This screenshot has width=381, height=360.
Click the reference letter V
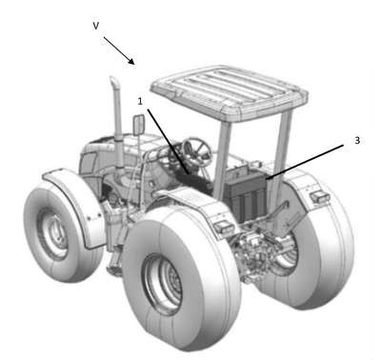click(96, 26)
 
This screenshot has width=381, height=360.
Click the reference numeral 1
click(140, 101)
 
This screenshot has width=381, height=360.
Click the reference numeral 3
click(357, 140)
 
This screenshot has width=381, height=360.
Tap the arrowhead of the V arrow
click(131, 61)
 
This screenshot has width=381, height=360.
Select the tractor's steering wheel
click(197, 151)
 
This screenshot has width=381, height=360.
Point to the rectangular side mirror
click(139, 125)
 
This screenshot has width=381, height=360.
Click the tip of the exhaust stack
click(113, 79)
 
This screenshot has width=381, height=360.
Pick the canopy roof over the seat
click(230, 92)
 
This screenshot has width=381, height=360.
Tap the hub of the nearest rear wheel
click(164, 284)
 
